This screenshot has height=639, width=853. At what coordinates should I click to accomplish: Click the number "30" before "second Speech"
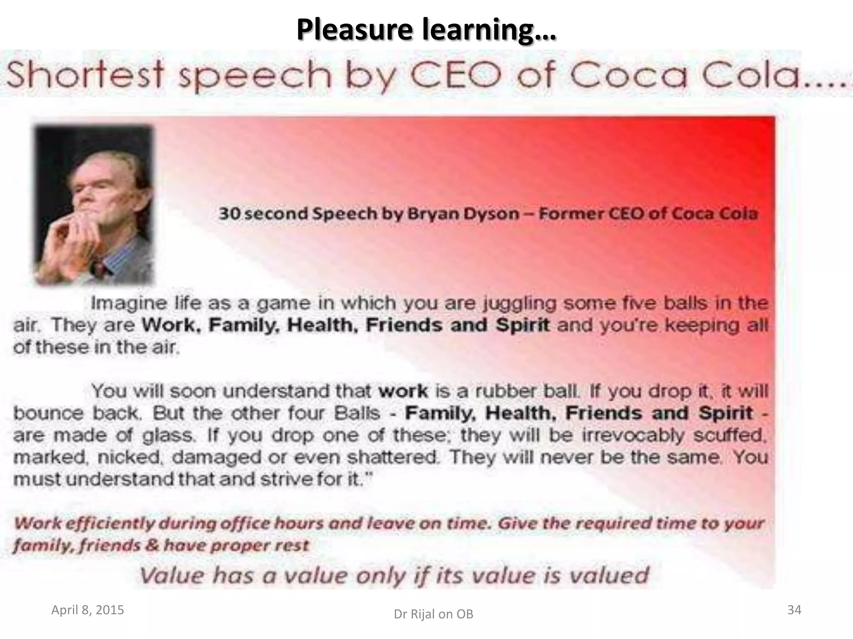(x=228, y=214)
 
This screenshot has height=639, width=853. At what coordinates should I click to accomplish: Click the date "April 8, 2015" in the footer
(x=87, y=610)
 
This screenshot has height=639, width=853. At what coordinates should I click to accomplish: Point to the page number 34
(x=794, y=610)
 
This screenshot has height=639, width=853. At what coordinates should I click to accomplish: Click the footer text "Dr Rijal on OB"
(x=434, y=614)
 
